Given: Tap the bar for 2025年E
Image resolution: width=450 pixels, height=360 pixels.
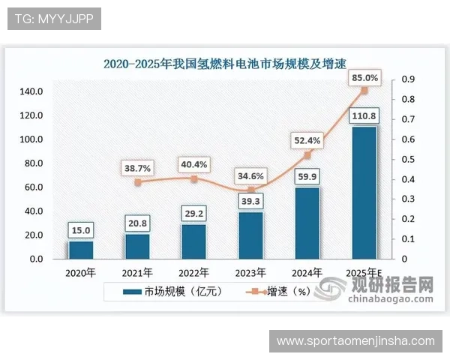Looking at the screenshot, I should (364, 193).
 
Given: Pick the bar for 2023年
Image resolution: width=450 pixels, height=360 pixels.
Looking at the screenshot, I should (251, 235).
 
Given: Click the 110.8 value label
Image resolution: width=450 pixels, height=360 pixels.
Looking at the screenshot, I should (364, 115).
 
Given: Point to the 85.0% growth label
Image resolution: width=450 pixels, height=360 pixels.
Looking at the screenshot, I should (364, 77).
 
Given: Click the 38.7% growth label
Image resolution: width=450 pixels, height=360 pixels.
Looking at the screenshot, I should (137, 168).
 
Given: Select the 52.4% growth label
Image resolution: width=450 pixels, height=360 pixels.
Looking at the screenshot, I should (307, 139).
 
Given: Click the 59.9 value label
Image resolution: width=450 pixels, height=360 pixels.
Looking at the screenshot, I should (307, 177).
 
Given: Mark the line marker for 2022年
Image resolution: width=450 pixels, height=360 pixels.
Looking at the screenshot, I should (194, 179).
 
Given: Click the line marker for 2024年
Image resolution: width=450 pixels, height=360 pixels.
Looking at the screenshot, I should (307, 155).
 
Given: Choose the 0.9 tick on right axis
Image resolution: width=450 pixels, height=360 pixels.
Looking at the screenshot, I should (409, 79).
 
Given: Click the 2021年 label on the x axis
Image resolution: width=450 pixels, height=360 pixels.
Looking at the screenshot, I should (137, 272).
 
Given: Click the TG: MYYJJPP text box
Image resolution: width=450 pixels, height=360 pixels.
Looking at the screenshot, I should (54, 19).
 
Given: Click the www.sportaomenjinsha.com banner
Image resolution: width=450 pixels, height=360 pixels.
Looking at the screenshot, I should (355, 341).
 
